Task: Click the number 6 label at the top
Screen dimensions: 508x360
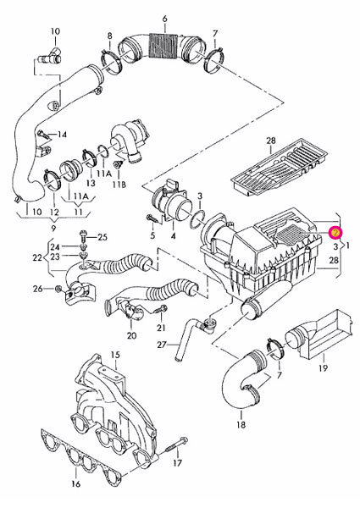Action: pos(165,18)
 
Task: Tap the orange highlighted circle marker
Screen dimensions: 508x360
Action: pos(335,230)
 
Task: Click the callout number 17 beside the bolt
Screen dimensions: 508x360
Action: pos(179,464)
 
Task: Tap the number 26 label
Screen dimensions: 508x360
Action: pos(36,290)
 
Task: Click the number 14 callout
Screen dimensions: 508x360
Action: pos(62,135)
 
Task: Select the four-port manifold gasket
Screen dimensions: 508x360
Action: pos(93,444)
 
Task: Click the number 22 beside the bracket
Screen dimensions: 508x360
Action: pos(36,257)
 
